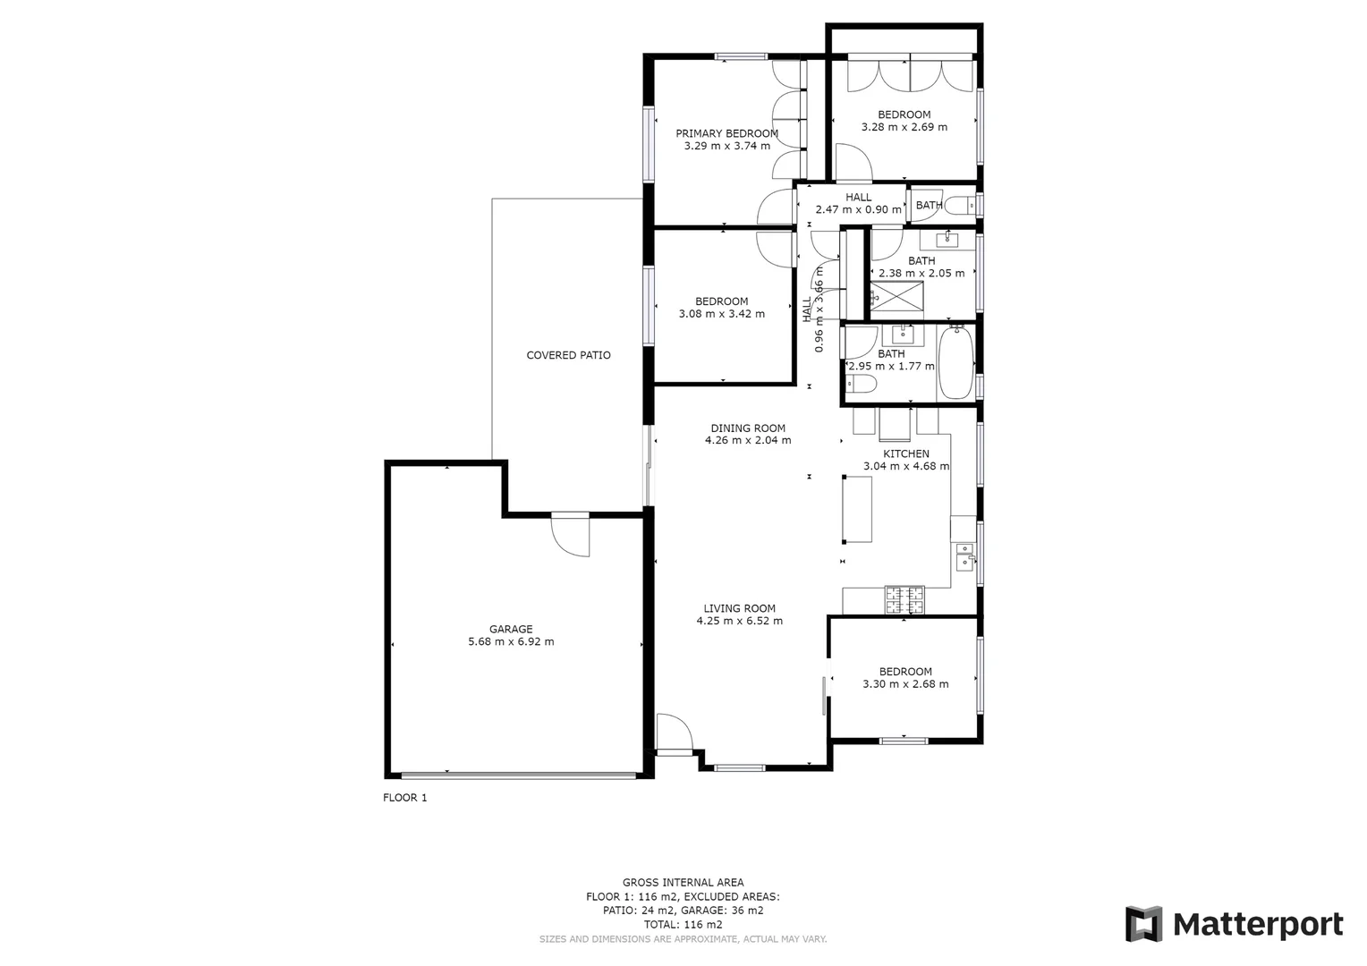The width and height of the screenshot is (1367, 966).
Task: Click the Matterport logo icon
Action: pyautogui.click(x=1143, y=924)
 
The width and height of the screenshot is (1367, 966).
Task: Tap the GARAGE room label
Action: pyautogui.click(x=511, y=629)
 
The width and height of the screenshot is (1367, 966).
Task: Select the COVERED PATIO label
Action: pyautogui.click(x=568, y=355)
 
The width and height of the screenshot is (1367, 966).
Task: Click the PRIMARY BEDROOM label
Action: pyautogui.click(x=726, y=133)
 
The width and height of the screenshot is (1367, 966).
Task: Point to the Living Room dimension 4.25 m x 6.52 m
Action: pyautogui.click(x=739, y=621)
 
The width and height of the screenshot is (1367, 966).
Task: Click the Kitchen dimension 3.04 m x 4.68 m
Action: pyautogui.click(x=905, y=466)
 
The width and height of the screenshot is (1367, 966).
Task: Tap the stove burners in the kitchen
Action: pyautogui.click(x=904, y=599)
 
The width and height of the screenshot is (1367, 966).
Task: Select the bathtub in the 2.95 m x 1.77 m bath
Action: pyautogui.click(x=955, y=363)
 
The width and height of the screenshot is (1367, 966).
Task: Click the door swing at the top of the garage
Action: pyautogui.click(x=571, y=536)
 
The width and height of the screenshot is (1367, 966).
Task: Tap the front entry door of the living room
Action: pyautogui.click(x=674, y=733)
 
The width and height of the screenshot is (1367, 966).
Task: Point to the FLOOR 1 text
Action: pyautogui.click(x=404, y=798)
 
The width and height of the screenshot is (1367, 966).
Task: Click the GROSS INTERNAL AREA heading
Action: pyautogui.click(x=683, y=882)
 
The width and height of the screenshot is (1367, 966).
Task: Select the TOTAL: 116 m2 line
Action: pyautogui.click(x=683, y=925)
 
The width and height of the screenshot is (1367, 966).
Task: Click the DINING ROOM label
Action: pyautogui.click(x=748, y=428)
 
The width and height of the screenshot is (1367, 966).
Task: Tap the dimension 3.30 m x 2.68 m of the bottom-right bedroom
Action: pyautogui.click(x=905, y=684)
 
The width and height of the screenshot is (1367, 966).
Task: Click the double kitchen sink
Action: pyautogui.click(x=964, y=555)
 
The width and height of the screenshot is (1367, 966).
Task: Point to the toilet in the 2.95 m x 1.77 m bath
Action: pyautogui.click(x=863, y=385)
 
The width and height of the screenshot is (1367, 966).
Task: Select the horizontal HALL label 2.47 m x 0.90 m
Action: pyautogui.click(x=858, y=209)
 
